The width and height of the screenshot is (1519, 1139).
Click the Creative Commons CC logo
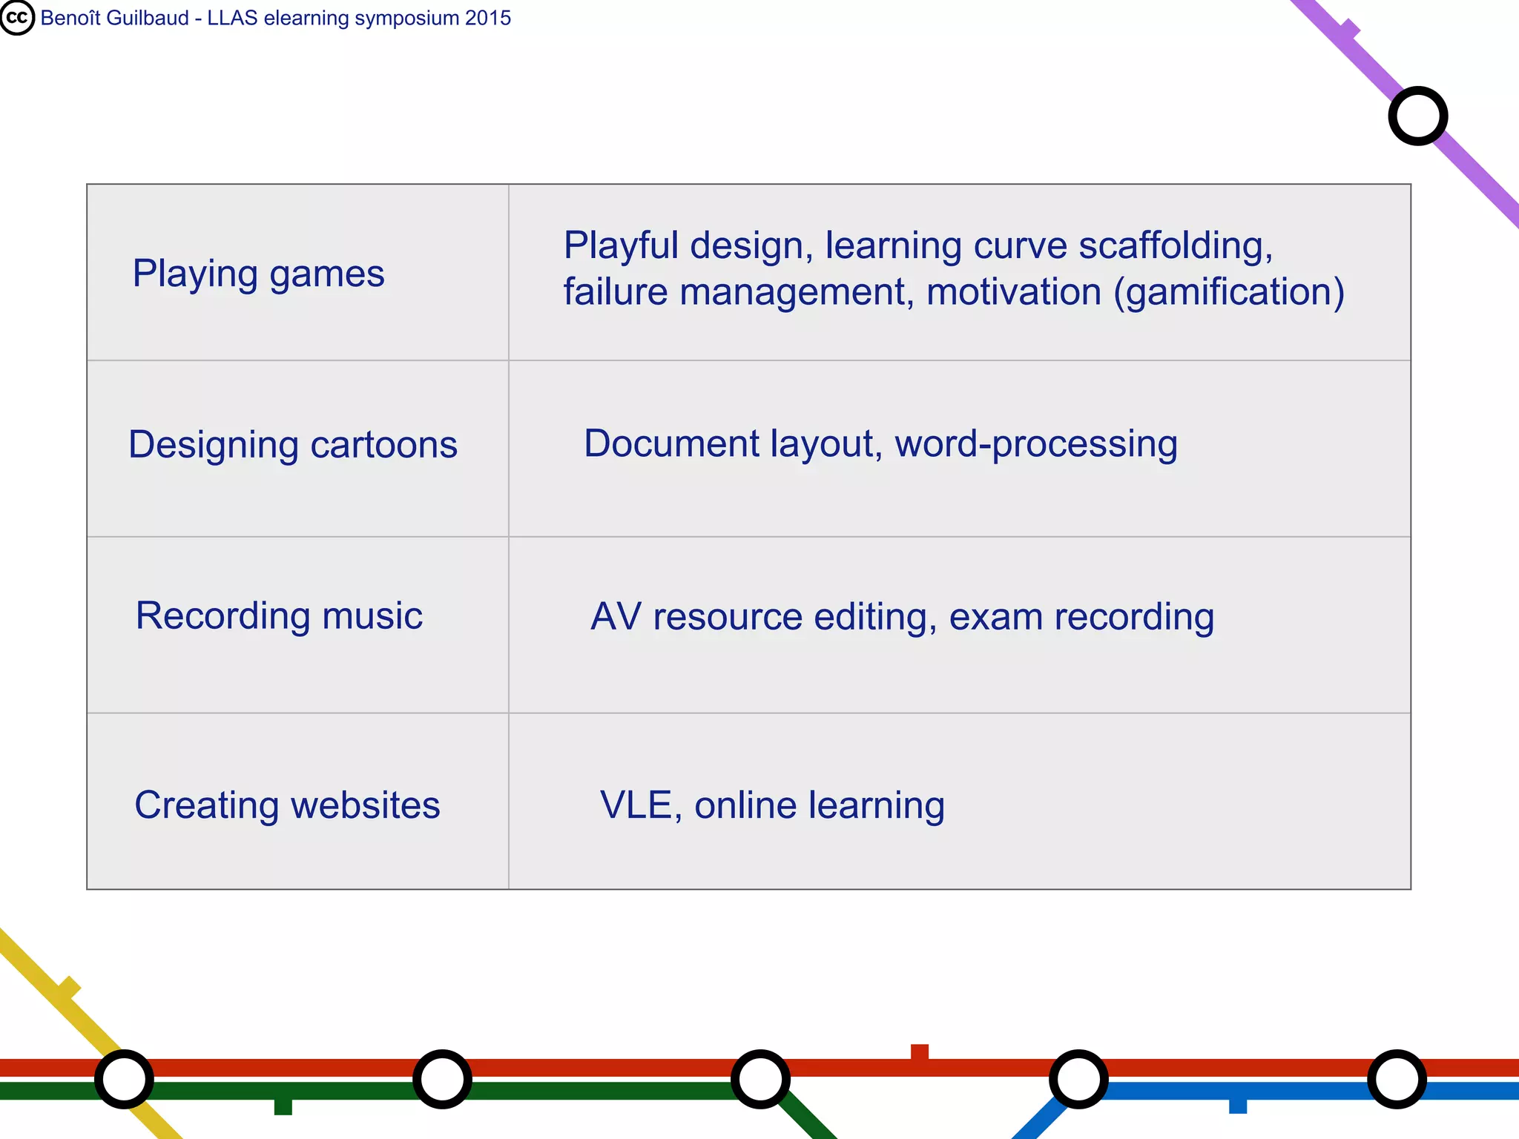coord(16,18)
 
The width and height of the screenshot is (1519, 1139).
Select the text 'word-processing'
coord(1035,444)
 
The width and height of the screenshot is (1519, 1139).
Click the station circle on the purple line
coord(1417,116)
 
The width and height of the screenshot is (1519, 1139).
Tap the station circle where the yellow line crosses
coord(125,1079)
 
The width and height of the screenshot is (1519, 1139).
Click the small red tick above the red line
coord(920,1051)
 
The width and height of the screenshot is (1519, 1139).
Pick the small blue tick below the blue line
coord(1238,1106)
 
